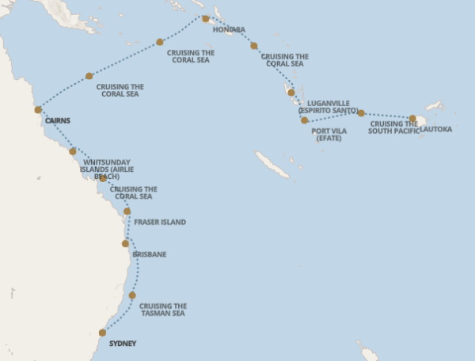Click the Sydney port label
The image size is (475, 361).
click(123, 343)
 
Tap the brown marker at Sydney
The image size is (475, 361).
click(102, 332)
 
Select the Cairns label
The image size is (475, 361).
click(59, 121)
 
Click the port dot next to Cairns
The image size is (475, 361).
click(38, 110)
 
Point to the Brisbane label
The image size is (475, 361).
click(150, 254)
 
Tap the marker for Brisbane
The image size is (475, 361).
click(125, 243)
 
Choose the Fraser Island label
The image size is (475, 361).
click(160, 222)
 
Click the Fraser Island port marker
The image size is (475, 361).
click(127, 211)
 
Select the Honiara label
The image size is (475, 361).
click(229, 29)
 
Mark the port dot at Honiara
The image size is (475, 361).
click(206, 18)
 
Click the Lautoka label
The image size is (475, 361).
click(436, 128)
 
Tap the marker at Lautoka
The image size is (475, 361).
click(412, 119)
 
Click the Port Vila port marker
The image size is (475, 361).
click(304, 120)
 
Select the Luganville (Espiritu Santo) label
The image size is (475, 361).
click(328, 107)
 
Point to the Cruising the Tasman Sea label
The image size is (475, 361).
click(162, 310)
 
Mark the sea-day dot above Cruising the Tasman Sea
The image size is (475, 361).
click(132, 295)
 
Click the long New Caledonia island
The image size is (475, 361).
click(273, 165)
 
